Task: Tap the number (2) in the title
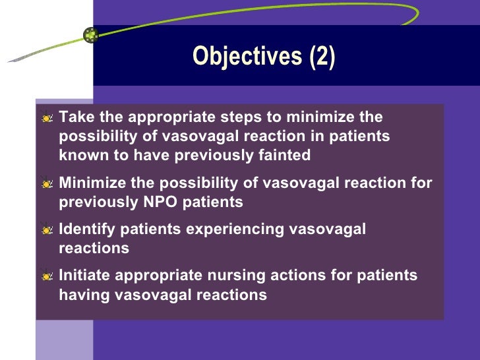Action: coord(322,57)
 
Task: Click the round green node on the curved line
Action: coord(91,36)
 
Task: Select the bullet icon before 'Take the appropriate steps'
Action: coord(47,119)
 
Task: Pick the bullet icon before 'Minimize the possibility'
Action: coord(47,184)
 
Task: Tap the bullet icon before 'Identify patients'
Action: coord(47,230)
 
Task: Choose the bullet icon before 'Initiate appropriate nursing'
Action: coord(47,276)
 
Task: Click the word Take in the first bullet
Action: coord(74,118)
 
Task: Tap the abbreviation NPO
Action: coord(158,202)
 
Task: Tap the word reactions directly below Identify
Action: coord(94,249)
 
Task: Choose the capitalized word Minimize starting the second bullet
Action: coord(88,183)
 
